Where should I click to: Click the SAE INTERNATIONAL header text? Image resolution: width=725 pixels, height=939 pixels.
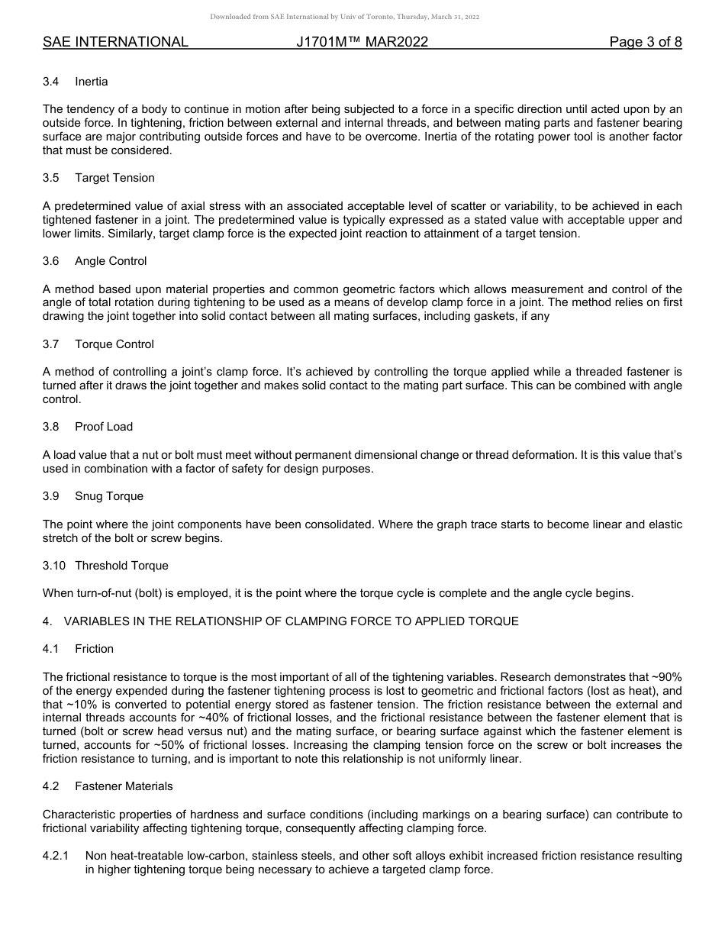[x=115, y=43]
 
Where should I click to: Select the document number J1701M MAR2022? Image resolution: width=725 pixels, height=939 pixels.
[x=362, y=43]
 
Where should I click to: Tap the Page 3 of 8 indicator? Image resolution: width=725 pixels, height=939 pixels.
[x=645, y=43]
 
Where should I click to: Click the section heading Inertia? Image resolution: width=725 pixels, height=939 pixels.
[x=92, y=82]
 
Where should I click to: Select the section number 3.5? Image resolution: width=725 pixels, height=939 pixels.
[x=51, y=178]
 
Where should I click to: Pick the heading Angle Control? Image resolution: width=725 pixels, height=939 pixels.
[x=111, y=261]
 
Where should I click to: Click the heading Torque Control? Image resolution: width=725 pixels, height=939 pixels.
[x=114, y=344]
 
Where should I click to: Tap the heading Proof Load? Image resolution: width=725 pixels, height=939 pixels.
[x=104, y=427]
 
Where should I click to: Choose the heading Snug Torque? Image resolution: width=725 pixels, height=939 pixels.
[x=109, y=496]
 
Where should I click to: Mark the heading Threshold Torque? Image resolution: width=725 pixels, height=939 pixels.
[x=121, y=566]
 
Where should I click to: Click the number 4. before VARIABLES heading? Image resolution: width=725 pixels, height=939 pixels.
[x=47, y=621]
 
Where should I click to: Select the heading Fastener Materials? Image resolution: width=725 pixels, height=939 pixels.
[x=124, y=786]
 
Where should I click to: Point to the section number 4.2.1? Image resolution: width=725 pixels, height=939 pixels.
[x=56, y=856]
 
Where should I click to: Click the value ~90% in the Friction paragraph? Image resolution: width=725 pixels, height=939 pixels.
[x=666, y=676]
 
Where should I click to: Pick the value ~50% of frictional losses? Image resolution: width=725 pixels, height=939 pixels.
[x=157, y=745]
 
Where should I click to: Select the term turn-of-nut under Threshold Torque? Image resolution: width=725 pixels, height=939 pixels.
[x=104, y=593]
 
